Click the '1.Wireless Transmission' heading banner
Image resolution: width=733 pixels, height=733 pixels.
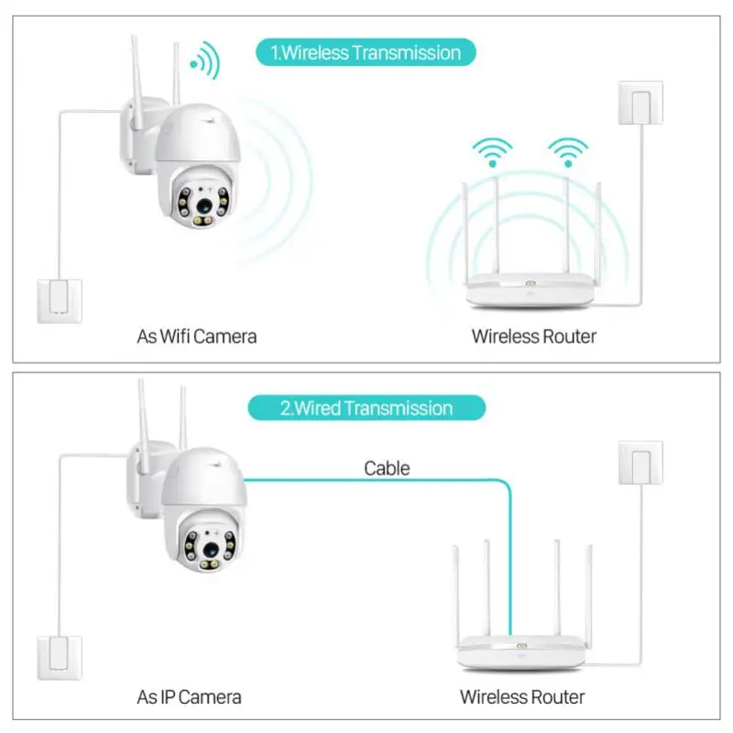(366, 52)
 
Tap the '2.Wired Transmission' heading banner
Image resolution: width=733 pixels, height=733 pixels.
(366, 408)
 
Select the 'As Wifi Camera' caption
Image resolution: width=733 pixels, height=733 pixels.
(197, 336)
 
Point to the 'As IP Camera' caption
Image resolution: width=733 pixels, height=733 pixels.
(190, 697)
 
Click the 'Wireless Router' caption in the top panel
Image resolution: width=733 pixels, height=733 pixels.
(533, 336)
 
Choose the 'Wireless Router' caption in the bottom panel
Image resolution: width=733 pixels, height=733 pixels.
(521, 697)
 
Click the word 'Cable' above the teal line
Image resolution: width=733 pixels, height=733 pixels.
(387, 468)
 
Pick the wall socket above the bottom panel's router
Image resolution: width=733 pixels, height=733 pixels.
(640, 463)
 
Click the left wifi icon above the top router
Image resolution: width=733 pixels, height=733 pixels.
(493, 152)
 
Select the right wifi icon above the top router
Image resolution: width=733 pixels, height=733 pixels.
(568, 152)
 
